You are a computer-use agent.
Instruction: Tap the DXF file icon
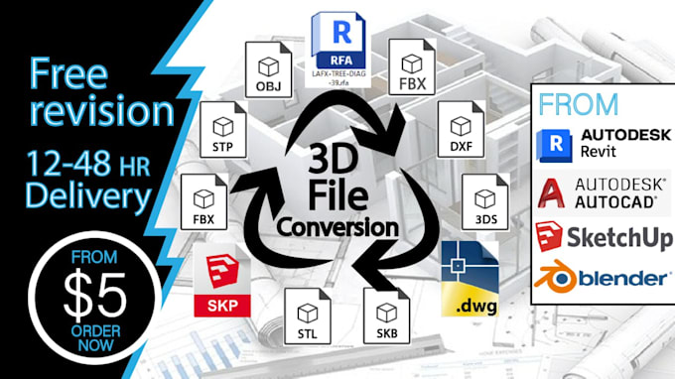[x=460, y=133]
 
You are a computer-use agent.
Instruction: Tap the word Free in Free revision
[x=69, y=72]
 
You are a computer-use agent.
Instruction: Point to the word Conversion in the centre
[x=338, y=227]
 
